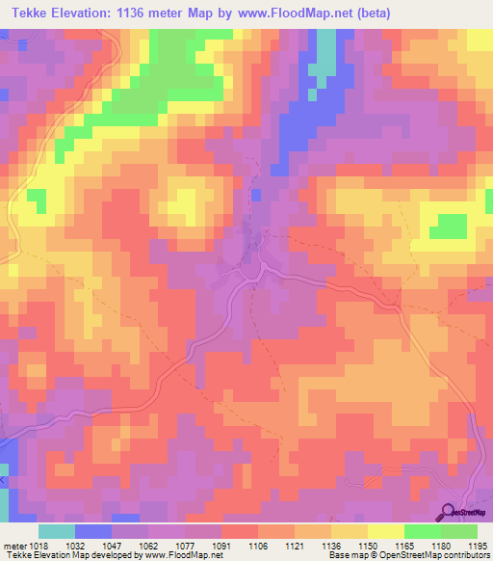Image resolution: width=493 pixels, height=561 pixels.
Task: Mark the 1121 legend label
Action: pos(294,545)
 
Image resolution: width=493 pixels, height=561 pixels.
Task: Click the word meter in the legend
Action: pos(12,545)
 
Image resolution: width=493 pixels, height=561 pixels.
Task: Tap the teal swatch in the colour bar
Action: pos(57,531)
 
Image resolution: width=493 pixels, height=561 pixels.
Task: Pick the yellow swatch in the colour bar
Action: pos(385,531)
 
